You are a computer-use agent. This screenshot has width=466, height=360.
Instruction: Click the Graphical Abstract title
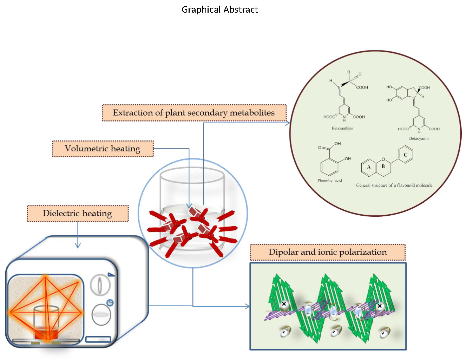[x=219, y=9]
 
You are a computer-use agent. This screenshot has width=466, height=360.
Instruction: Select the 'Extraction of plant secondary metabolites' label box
[x=194, y=113]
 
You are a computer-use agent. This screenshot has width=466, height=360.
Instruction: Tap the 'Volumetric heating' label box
[x=103, y=149]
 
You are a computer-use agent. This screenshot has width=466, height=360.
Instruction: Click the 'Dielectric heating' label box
[x=77, y=214]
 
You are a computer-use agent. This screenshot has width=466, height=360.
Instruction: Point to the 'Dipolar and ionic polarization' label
[x=327, y=252]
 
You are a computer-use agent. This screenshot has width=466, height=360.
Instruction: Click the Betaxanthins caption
[x=342, y=128]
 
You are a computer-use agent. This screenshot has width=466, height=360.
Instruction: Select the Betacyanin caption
[x=419, y=138]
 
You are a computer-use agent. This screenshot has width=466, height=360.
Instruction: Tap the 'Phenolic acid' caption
[x=329, y=180]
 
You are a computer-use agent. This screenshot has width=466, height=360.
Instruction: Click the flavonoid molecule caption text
[x=394, y=185]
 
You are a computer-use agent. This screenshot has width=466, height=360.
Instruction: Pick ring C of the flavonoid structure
[x=405, y=155]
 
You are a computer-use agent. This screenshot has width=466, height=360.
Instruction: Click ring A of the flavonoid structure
[x=369, y=167]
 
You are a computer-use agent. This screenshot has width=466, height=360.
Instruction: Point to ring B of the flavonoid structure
[x=383, y=167]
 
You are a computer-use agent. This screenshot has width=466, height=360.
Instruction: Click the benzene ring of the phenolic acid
[x=329, y=166]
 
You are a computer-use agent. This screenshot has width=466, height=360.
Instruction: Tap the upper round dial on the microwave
[x=100, y=284]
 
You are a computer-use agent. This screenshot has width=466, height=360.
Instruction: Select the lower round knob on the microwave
[x=101, y=315]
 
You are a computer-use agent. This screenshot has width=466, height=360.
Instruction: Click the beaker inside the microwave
[x=46, y=323]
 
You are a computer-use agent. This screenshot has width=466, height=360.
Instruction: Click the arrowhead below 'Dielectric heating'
[x=78, y=246]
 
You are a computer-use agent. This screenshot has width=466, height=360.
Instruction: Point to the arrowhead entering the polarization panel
[x=247, y=307]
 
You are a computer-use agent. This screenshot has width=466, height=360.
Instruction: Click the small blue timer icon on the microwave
[x=110, y=302]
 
